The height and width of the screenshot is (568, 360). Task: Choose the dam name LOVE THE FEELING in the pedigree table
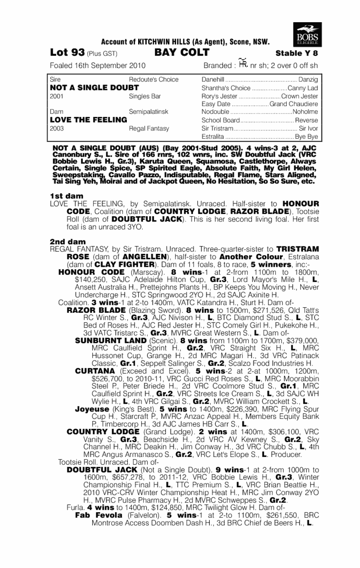point(88,120)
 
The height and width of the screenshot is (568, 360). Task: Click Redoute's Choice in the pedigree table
point(154,80)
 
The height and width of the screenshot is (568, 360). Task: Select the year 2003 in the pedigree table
point(56,129)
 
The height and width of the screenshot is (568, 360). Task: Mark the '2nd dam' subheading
point(67,242)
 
